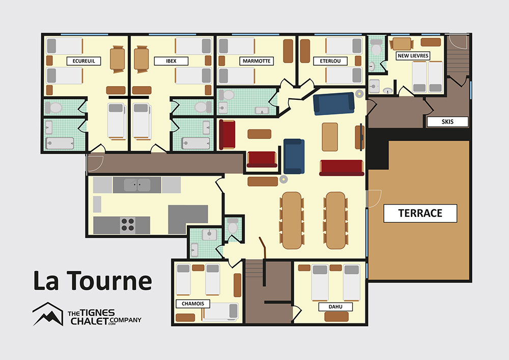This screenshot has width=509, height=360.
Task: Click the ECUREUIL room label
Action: coord(84,61)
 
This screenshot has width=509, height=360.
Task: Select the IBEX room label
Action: coord(171,61)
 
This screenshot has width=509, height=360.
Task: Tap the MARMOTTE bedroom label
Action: coord(257,61)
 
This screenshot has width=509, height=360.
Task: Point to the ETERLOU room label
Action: coord(330,61)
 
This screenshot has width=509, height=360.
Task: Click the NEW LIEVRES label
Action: coord(413,56)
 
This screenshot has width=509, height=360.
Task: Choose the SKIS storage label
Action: coord(447,122)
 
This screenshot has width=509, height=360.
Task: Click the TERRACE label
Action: coord(420,213)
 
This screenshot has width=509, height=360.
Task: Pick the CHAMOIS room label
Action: coord(193,304)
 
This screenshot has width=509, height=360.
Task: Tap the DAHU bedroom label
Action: coord(335,307)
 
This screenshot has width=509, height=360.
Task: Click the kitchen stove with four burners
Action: coord(128,225)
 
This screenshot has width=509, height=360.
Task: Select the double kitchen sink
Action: coord(137,185)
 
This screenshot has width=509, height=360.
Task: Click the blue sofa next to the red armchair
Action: coord(294,156)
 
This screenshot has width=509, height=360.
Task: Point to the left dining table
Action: coord(292,220)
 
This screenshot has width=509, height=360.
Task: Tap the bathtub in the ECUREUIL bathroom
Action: coord(60,144)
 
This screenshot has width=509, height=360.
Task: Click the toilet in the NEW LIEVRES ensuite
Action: coord(376,47)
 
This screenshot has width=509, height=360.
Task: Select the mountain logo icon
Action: coord(48,314)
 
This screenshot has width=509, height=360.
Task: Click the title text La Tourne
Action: coord(93,281)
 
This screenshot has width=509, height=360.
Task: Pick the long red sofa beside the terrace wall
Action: coord(342,168)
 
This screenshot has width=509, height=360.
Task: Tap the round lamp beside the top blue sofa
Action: coord(359,94)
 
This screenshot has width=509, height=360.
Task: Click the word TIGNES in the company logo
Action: coord(97,313)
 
